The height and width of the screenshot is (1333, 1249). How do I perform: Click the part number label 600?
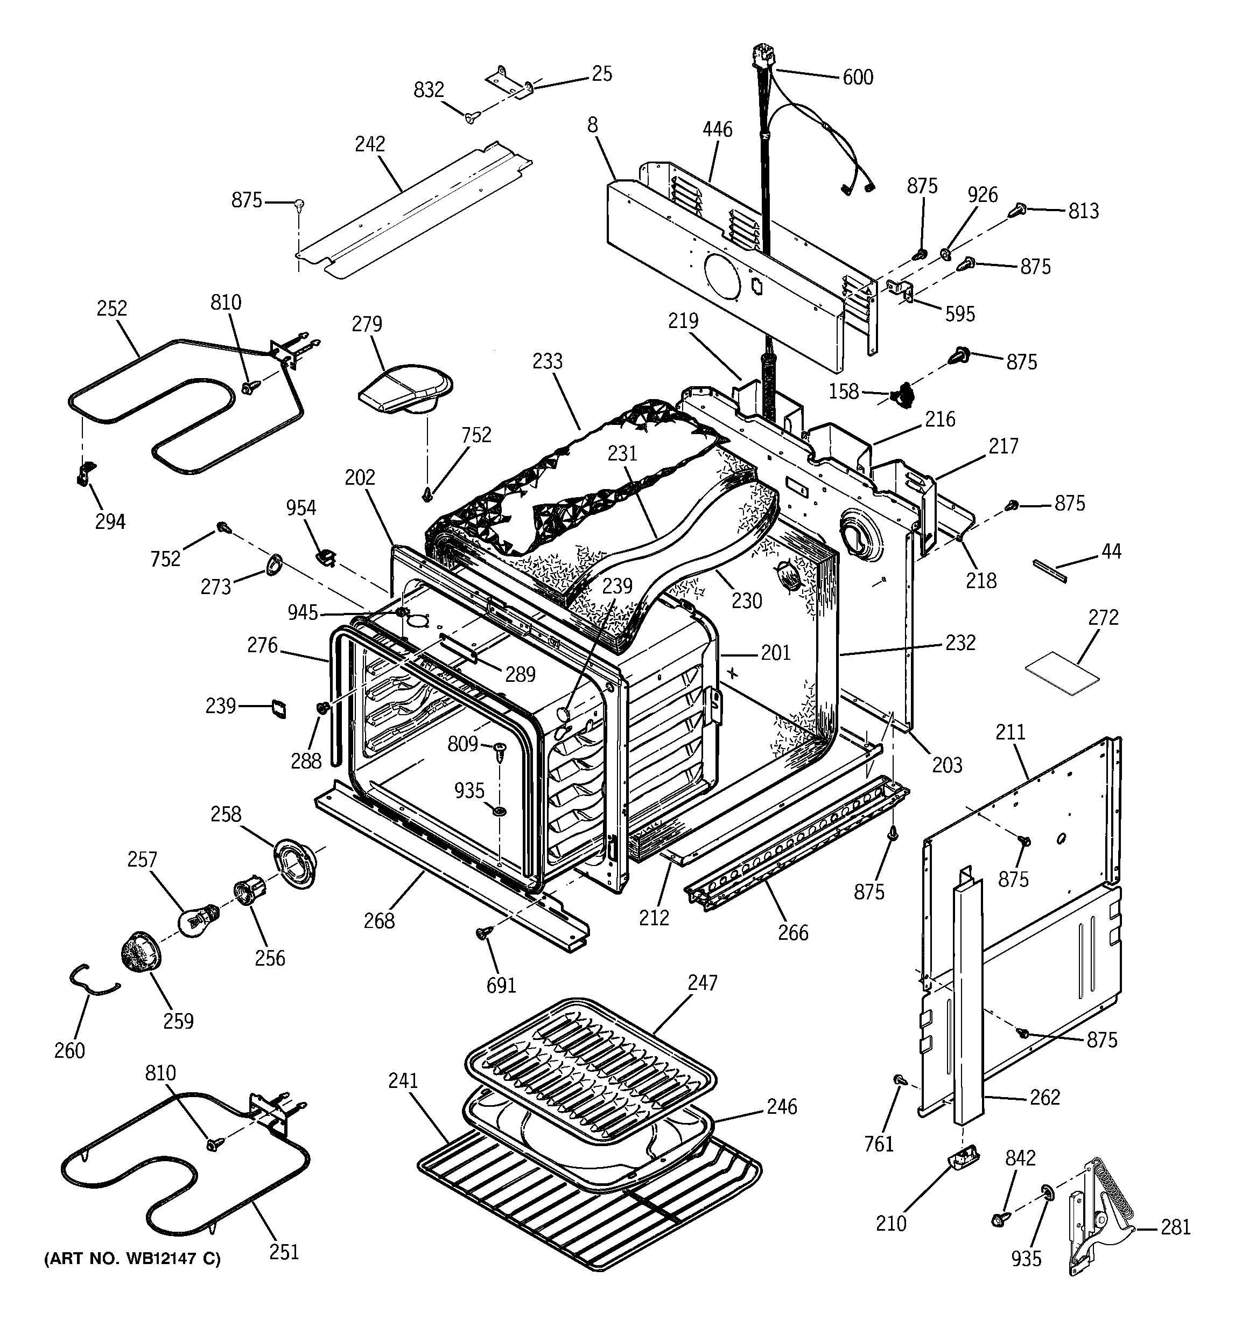(x=858, y=77)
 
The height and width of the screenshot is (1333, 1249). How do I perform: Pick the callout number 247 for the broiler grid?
(x=702, y=983)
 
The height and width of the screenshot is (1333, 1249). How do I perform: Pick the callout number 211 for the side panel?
(x=1011, y=731)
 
